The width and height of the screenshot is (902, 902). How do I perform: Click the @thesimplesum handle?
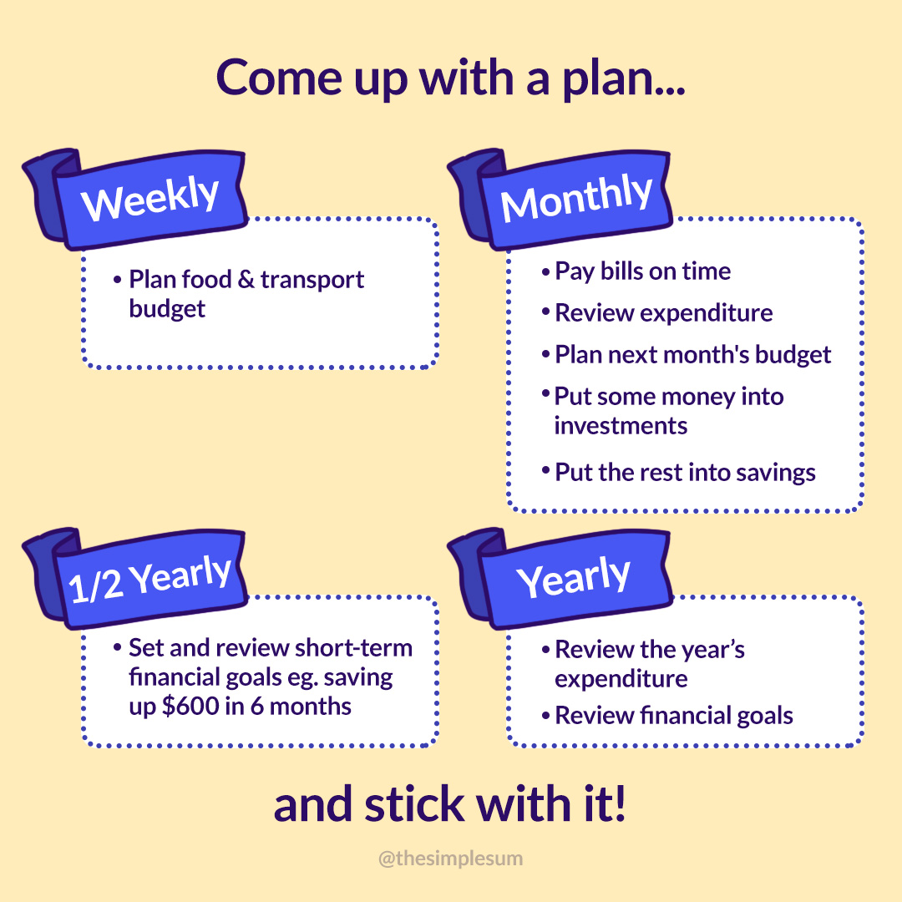(x=450, y=859)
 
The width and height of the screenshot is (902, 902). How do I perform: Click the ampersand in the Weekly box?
(x=246, y=280)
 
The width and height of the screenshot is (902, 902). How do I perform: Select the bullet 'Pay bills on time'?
(x=636, y=271)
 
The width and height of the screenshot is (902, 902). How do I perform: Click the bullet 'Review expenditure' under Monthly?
(x=657, y=313)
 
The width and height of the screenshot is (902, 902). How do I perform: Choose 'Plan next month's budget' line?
(x=687, y=355)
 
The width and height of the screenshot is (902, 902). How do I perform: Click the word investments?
(x=621, y=426)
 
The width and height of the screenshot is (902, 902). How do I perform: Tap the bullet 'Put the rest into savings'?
(x=679, y=472)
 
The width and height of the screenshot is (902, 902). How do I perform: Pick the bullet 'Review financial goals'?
(x=667, y=716)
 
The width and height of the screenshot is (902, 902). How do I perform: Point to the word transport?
(x=312, y=280)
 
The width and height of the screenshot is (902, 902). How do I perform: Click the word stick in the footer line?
(x=414, y=804)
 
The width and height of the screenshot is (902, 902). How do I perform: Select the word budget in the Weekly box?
(x=167, y=309)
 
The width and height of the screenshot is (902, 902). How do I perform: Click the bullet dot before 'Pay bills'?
(x=546, y=272)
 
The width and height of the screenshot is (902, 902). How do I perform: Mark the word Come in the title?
(x=279, y=79)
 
